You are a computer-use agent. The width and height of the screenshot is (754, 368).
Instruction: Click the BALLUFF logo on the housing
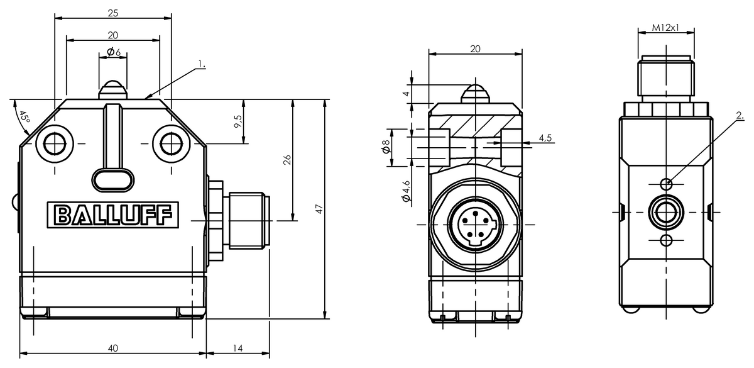click(112, 215)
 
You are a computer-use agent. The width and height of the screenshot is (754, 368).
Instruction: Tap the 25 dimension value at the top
click(113, 13)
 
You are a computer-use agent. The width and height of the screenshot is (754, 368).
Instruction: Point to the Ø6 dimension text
click(114, 52)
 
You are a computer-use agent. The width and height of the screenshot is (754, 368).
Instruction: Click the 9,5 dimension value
click(238, 121)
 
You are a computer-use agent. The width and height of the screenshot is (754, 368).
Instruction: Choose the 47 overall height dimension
click(319, 209)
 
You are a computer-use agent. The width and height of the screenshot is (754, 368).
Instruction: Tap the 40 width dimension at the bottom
click(113, 348)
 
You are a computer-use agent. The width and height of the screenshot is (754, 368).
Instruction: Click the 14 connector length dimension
click(238, 348)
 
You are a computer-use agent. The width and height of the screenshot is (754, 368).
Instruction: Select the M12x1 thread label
click(665, 27)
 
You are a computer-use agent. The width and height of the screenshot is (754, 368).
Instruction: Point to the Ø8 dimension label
click(386, 147)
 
